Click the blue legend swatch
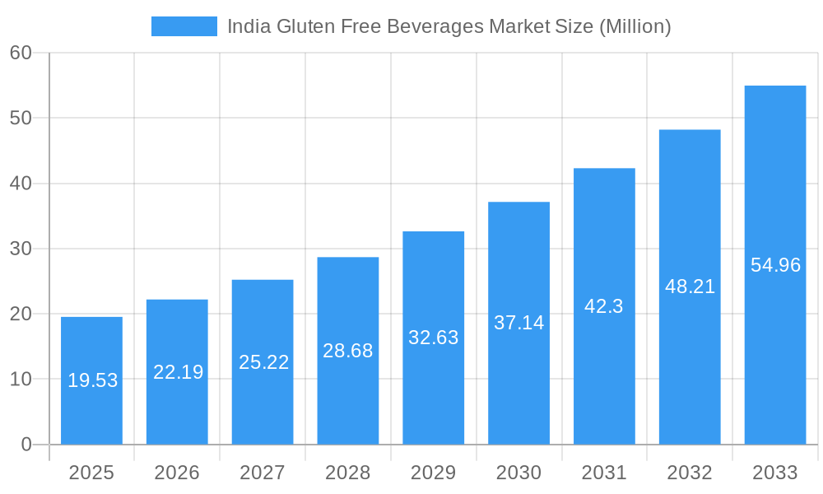(184, 26)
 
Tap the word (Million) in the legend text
(634, 26)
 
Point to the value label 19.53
(92, 380)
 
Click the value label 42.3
(603, 306)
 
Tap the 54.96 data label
(775, 265)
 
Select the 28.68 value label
(347, 351)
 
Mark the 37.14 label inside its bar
(518, 323)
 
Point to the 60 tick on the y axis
(21, 53)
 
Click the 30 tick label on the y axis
(21, 249)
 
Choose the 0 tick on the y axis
(26, 445)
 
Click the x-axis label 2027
(262, 473)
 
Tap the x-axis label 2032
(689, 473)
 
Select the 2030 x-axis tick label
(518, 473)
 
